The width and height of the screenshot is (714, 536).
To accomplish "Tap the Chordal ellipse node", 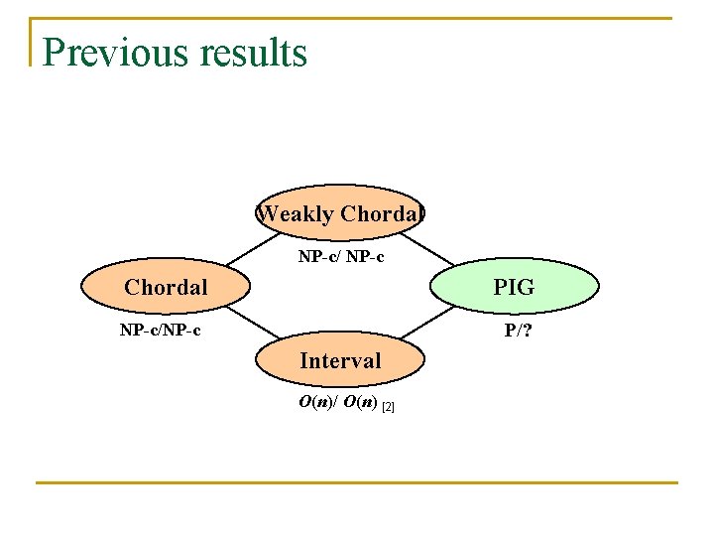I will pyautogui.click(x=166, y=288).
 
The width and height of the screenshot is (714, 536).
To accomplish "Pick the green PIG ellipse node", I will pyautogui.click(x=514, y=288).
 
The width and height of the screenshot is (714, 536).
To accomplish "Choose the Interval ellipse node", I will pyautogui.click(x=339, y=361).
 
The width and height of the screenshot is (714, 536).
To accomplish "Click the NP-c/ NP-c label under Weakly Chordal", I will pyautogui.click(x=341, y=258).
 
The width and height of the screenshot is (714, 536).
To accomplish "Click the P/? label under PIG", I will pyautogui.click(x=517, y=331).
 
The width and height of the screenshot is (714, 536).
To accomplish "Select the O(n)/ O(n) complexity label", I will pyautogui.click(x=338, y=403).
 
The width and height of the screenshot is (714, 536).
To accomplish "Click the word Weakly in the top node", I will pyautogui.click(x=295, y=213).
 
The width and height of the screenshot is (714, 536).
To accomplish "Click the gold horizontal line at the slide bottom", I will pyautogui.click(x=357, y=482).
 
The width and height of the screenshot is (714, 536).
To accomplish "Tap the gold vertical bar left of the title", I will pyautogui.click(x=32, y=42).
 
